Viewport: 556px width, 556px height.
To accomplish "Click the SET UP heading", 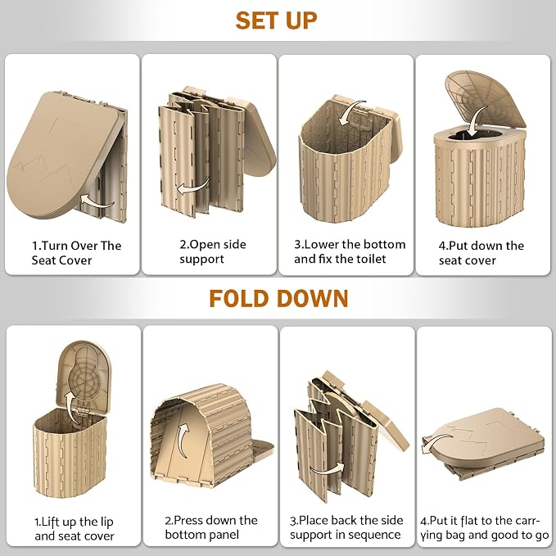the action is pyautogui.click(x=276, y=20).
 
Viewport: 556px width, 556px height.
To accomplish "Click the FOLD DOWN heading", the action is pyautogui.click(x=278, y=299).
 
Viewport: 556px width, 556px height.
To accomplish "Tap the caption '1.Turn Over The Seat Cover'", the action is pyautogui.click(x=76, y=253).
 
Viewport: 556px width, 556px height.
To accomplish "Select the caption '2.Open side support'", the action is pyautogui.click(x=212, y=251).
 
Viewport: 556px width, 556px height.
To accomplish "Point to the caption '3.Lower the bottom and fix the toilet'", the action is pyautogui.click(x=350, y=251).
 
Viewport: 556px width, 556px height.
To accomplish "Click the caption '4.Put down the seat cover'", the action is pyautogui.click(x=481, y=253).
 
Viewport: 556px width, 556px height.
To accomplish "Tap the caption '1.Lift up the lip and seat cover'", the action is pyautogui.click(x=75, y=529).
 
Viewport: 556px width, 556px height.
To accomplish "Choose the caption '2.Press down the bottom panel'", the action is pyautogui.click(x=211, y=527).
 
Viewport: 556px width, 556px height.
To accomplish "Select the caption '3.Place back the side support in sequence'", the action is pyautogui.click(x=346, y=527).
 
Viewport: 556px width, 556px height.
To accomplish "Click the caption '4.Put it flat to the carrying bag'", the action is pyautogui.click(x=485, y=527).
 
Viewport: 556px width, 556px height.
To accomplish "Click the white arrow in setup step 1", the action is pyautogui.click(x=97, y=201).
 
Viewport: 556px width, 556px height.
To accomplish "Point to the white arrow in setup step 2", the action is pyautogui.click(x=193, y=187).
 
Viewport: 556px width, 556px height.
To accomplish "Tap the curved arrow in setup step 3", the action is pyautogui.click(x=351, y=112).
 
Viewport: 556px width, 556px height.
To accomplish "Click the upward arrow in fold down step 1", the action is pyautogui.click(x=72, y=408).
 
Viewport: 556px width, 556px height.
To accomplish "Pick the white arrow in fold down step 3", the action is pyautogui.click(x=327, y=468).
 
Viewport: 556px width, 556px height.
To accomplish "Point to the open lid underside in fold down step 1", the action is pyautogui.click(x=85, y=376).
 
